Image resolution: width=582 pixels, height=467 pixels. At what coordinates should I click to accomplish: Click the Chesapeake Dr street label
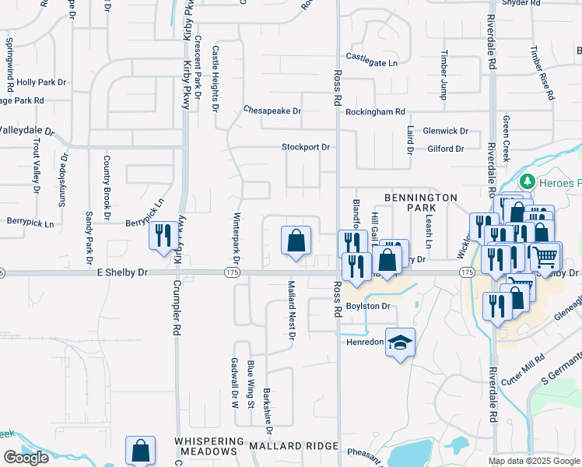click(x=272, y=111)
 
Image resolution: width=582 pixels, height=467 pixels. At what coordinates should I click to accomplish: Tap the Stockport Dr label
click(x=306, y=147)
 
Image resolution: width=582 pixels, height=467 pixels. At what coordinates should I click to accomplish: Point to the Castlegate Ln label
click(x=371, y=59)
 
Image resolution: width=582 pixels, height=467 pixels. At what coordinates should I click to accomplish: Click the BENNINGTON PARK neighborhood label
click(x=419, y=204)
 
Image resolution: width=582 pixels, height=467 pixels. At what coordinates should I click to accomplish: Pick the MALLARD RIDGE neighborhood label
click(x=293, y=446)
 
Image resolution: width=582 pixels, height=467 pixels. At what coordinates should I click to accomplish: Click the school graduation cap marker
click(x=400, y=342)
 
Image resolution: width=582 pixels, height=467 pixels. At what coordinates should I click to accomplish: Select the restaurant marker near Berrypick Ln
click(x=163, y=235)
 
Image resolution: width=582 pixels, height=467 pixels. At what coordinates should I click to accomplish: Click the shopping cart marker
click(x=546, y=255)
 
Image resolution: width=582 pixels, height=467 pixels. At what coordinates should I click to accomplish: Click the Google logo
click(x=26, y=458)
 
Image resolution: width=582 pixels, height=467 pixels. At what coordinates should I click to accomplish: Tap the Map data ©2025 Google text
click(x=534, y=461)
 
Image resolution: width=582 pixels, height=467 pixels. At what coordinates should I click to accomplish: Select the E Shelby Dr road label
click(x=121, y=272)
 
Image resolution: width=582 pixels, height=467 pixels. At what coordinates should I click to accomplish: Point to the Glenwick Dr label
click(x=445, y=132)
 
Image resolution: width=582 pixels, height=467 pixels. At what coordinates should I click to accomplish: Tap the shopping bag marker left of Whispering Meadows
click(x=141, y=450)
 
